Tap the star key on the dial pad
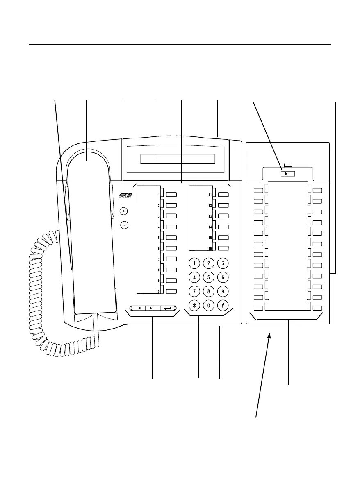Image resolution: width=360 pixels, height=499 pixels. (195, 305)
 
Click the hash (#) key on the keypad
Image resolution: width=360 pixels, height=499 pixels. (222, 305)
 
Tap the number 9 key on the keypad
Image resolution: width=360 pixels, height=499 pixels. (222, 291)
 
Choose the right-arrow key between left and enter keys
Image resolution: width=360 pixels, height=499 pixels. (153, 307)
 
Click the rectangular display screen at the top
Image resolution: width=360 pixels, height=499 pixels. (178, 159)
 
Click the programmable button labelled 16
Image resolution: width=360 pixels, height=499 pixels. (223, 248)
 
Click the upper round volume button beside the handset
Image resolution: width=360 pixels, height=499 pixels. (125, 211)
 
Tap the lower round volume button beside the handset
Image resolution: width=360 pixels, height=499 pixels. (125, 225)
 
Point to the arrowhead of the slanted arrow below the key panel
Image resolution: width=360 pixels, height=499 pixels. (269, 335)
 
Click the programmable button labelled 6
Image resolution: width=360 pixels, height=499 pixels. (171, 248)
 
